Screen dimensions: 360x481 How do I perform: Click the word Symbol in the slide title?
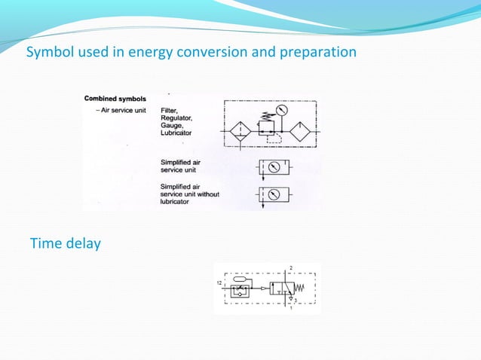pyautogui.click(x=47, y=53)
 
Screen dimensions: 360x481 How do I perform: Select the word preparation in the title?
pyautogui.click(x=321, y=53)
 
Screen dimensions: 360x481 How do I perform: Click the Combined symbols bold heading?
pyautogui.click(x=115, y=98)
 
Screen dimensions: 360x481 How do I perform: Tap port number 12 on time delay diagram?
pyautogui.click(x=219, y=284)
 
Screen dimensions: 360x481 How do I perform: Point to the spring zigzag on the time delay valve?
pyautogui.click(x=305, y=288)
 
